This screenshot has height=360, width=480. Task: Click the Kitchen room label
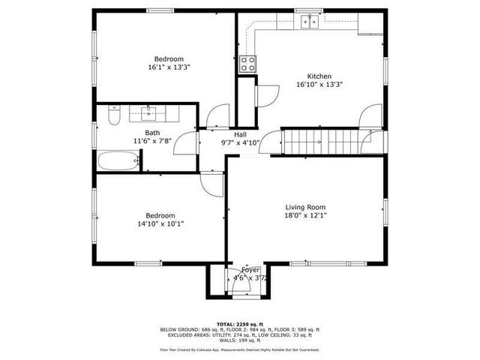pyautogui.click(x=319, y=76)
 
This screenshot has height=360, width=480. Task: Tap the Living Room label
pyautogui.click(x=305, y=207)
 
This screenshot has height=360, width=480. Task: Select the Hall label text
pyautogui.click(x=239, y=134)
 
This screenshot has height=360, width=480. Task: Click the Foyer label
pyautogui.click(x=250, y=269)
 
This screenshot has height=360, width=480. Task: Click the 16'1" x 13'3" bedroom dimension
pyautogui.click(x=169, y=67)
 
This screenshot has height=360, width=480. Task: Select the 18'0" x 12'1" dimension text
pyautogui.click(x=305, y=215)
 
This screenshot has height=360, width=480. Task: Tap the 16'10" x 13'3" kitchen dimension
pyautogui.click(x=319, y=84)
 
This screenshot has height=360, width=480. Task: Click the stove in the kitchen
pyautogui.click(x=247, y=64)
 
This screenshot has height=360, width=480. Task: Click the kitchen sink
pyautogui.click(x=308, y=22)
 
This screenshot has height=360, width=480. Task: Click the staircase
pyautogui.click(x=305, y=141)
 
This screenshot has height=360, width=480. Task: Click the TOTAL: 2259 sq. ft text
pyautogui.click(x=239, y=323)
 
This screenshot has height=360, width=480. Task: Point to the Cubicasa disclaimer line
pyautogui.click(x=239, y=349)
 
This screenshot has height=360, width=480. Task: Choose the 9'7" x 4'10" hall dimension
pyautogui.click(x=239, y=142)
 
